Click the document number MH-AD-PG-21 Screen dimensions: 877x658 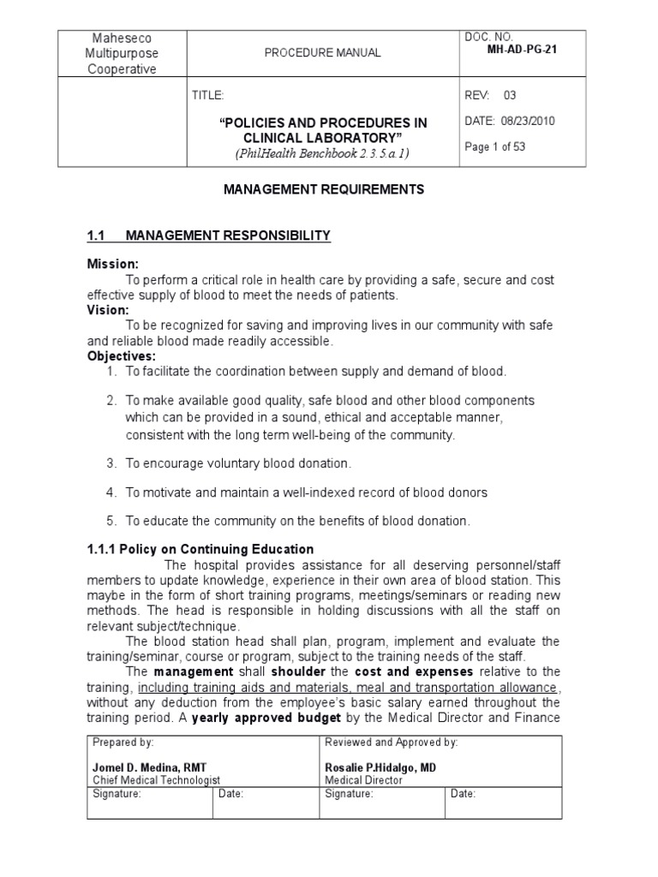[x=523, y=50]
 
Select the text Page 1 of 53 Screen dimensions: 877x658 [x=494, y=146]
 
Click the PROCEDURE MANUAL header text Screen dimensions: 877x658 [x=323, y=53]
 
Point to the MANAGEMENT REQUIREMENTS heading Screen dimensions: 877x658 [x=323, y=190]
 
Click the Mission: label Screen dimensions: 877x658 [x=112, y=264]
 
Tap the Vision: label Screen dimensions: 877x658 [x=108, y=310]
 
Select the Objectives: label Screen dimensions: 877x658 [x=119, y=355]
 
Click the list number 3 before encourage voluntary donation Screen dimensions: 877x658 [x=111, y=463]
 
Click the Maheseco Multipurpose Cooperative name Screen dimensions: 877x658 [x=123, y=53]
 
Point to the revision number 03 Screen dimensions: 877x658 [x=510, y=95]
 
